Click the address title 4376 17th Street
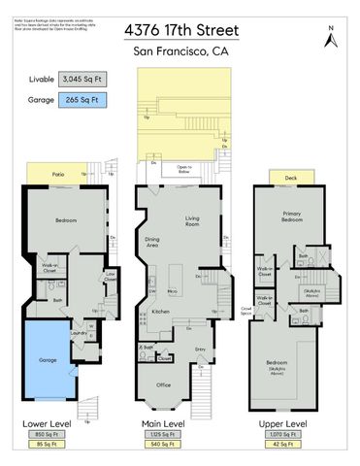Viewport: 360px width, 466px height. point(180,31)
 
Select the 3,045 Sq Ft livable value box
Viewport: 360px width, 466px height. point(83,79)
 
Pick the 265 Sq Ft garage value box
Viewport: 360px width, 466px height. point(83,99)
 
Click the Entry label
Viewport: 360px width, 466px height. point(200,349)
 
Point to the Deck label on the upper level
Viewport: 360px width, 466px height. point(291,178)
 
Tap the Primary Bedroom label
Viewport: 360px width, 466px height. point(291,216)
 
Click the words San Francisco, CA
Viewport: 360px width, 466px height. point(180,50)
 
